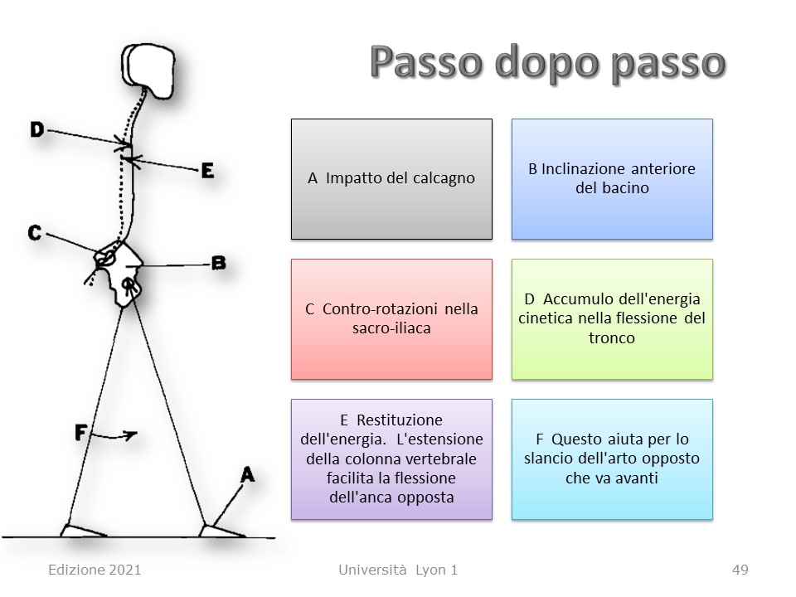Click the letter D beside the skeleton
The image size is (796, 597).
pyautogui.click(x=37, y=129)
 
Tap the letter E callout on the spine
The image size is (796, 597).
pyautogui.click(x=207, y=171)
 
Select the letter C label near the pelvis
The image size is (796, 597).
pyautogui.click(x=35, y=233)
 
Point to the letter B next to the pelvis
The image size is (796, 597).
pyautogui.click(x=218, y=263)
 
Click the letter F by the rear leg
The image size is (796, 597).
pyautogui.click(x=80, y=433)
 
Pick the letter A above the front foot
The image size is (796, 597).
pyautogui.click(x=247, y=475)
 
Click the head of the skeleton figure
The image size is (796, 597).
pyautogui.click(x=148, y=70)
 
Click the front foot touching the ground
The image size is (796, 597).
pyautogui.click(x=221, y=531)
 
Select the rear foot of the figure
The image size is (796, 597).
pyautogui.click(x=82, y=531)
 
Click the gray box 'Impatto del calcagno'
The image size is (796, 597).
pyautogui.click(x=391, y=179)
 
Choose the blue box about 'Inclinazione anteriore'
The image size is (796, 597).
pyautogui.click(x=612, y=179)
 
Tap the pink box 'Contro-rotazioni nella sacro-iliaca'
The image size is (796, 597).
pyautogui.click(x=391, y=319)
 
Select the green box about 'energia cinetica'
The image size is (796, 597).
pyautogui.click(x=612, y=319)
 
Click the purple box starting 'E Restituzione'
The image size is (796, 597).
pyautogui.click(x=391, y=459)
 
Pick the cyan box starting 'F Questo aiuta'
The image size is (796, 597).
pyautogui.click(x=612, y=459)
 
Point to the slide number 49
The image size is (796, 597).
pyautogui.click(x=740, y=570)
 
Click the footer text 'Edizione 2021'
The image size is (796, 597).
pyautogui.click(x=95, y=570)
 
